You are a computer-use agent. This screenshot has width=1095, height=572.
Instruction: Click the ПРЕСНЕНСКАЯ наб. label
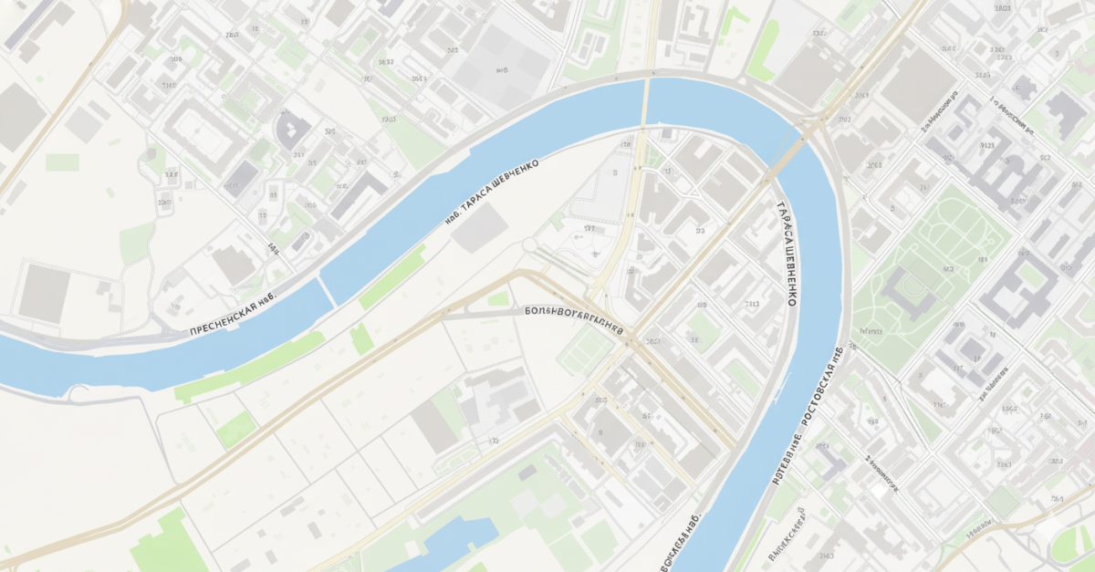(x=232, y=315)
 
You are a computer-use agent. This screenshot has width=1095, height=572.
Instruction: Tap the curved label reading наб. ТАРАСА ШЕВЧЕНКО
(x=492, y=192)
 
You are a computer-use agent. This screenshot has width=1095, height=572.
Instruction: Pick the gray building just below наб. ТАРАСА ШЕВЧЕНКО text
(x=479, y=228)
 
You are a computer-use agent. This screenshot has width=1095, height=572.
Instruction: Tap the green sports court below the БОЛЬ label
(x=585, y=351)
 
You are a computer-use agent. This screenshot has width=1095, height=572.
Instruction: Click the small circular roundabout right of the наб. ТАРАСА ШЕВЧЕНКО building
(x=529, y=244)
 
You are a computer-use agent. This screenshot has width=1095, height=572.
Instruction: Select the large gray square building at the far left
(x=44, y=293)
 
